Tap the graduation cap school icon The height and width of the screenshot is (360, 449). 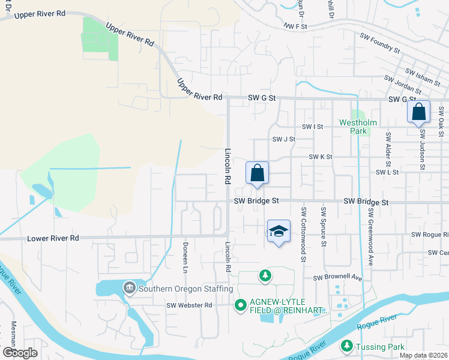pyautogui.click(x=279, y=232)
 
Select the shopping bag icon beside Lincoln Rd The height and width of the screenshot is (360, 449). pyautogui.click(x=257, y=173)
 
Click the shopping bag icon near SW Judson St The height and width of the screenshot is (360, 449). pyautogui.click(x=418, y=112)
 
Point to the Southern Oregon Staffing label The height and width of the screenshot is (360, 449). pyautogui.click(x=185, y=289)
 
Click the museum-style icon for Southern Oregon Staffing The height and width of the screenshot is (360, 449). pyautogui.click(x=129, y=289)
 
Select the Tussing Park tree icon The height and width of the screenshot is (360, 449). pyautogui.click(x=346, y=346)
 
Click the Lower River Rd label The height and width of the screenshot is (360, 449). pyautogui.click(x=53, y=238)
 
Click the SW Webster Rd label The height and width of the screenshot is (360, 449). pyautogui.click(x=190, y=305)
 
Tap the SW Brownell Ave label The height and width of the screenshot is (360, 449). pyautogui.click(x=338, y=278)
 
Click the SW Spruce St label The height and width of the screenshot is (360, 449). pyautogui.click(x=324, y=227)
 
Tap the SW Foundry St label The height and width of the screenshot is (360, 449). pyautogui.click(x=380, y=43)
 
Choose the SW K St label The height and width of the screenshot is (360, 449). pyautogui.click(x=321, y=157)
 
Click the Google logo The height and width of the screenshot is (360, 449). pyautogui.click(x=20, y=353)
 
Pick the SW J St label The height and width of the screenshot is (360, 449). pyautogui.click(x=284, y=139)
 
